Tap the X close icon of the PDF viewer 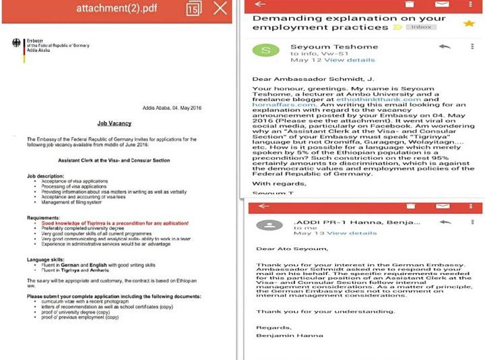[x=220, y=9]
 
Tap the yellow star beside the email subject [x=469, y=24]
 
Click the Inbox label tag [x=420, y=27]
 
